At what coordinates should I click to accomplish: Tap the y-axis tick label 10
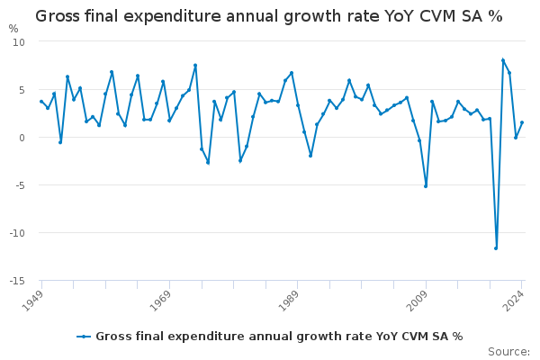click(19, 42)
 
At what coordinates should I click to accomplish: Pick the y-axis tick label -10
click(17, 233)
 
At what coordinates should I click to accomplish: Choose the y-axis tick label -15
click(17, 281)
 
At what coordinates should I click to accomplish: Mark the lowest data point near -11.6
click(496, 247)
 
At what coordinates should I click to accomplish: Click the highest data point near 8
click(502, 60)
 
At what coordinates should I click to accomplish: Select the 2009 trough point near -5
click(426, 186)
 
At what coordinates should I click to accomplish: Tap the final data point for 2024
click(522, 122)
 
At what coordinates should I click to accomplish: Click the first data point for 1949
click(41, 102)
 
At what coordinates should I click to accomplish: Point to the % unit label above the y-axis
click(13, 29)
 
